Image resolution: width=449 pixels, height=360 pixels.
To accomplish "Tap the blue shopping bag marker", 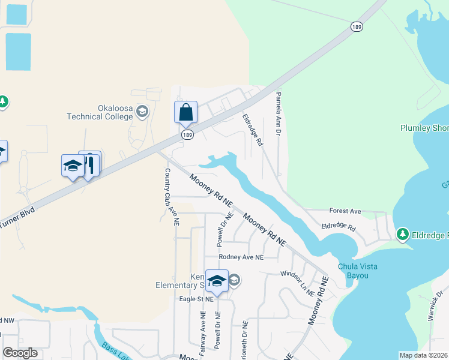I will (185, 112).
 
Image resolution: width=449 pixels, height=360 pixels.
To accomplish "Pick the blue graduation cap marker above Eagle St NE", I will (216, 280).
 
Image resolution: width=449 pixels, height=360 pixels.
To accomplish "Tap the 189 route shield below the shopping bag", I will (187, 136).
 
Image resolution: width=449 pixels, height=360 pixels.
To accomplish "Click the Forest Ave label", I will (345, 211).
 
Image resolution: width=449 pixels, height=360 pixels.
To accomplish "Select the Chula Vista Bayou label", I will (360, 271).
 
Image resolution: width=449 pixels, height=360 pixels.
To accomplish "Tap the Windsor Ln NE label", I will (297, 283).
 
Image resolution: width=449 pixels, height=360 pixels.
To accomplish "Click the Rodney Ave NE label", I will (241, 257).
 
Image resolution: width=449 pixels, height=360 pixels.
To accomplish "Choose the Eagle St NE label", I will (196, 298).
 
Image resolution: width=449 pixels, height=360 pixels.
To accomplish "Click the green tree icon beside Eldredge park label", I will (402, 233).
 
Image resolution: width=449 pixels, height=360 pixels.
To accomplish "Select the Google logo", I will (20, 353).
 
